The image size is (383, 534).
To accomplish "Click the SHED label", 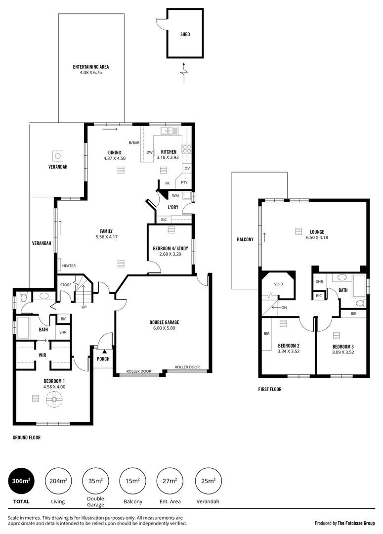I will coord(185,35).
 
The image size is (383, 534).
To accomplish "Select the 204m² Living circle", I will coord(58,481).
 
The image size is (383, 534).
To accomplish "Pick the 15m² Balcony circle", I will coord(132,481).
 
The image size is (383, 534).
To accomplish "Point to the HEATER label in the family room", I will coord(69,266).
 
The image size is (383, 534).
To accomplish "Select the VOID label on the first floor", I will coord(279,284).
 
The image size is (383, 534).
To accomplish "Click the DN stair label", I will coord(284,307).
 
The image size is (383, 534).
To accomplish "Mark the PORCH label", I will coord(103,359).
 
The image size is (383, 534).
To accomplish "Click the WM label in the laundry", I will coord(175,196).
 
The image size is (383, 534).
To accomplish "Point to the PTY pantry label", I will coord(184,182).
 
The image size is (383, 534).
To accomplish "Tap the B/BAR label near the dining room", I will coord(134,143).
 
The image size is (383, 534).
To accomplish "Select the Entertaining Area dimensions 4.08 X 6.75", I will coord(91,73).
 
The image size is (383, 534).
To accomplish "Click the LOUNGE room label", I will coord(317,231).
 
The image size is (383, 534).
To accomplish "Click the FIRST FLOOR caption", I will coord(270,390).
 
